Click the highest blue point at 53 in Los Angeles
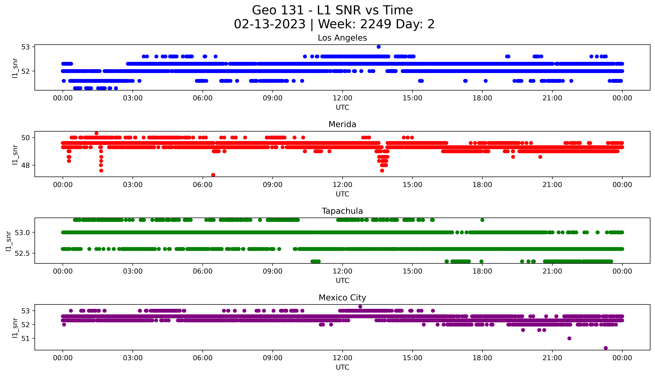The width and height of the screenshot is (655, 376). tap(379, 47)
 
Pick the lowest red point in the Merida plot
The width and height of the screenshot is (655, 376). tap(213, 175)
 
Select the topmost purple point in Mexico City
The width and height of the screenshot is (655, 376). tap(360, 307)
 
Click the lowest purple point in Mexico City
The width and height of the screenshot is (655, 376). tap(606, 348)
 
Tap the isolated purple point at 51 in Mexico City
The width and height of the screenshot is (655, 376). tap(569, 338)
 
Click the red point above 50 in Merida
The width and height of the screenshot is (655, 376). tap(96, 133)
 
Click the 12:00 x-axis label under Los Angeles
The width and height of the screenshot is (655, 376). tap(342, 98)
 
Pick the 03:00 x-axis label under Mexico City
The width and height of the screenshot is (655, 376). tap(133, 358)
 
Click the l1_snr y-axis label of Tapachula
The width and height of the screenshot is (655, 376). tap(9, 241)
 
